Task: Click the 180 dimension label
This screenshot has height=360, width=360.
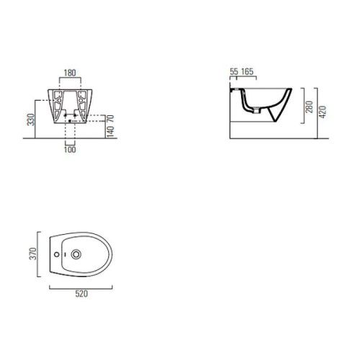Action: pos(70,73)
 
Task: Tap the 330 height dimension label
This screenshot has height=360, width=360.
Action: pos(31,120)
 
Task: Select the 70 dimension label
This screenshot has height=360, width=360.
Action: pos(110,118)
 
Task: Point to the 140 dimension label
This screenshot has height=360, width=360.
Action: pos(110,132)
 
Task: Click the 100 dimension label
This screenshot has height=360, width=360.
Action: pos(70,150)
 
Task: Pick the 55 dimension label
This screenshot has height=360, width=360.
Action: pos(234,71)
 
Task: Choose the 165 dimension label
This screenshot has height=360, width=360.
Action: pos(247,71)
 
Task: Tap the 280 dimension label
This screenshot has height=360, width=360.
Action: pos(310,107)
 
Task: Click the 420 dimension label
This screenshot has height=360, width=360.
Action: pos(323,112)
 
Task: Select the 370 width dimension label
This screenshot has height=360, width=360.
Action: pos(32,253)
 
